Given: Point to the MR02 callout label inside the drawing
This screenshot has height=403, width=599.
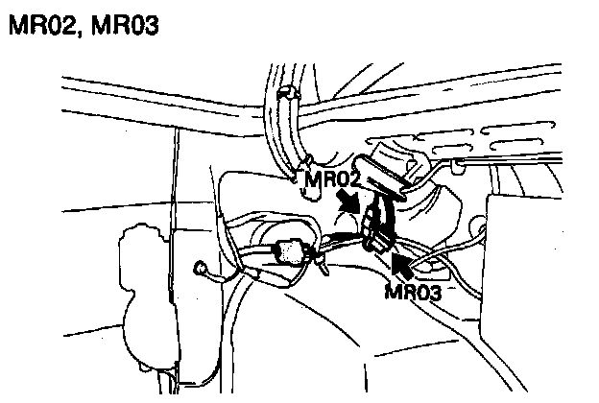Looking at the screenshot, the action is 332,178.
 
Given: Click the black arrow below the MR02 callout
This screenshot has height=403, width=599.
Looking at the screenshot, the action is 352,204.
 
